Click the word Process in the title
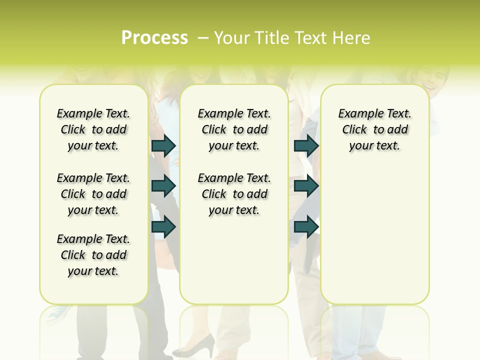click(x=154, y=38)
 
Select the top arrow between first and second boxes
click(x=163, y=145)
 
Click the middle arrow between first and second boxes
click(x=163, y=186)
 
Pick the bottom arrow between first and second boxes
click(x=163, y=226)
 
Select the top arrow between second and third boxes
click(x=306, y=145)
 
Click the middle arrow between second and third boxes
click(x=306, y=186)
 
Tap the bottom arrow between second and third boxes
click(x=306, y=226)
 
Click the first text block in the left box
click(x=93, y=129)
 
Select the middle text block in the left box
click(x=93, y=194)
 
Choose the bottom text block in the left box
click(x=93, y=255)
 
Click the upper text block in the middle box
click(x=234, y=129)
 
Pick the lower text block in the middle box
click(x=234, y=194)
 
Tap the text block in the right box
click(x=374, y=129)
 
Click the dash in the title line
click(x=203, y=38)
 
